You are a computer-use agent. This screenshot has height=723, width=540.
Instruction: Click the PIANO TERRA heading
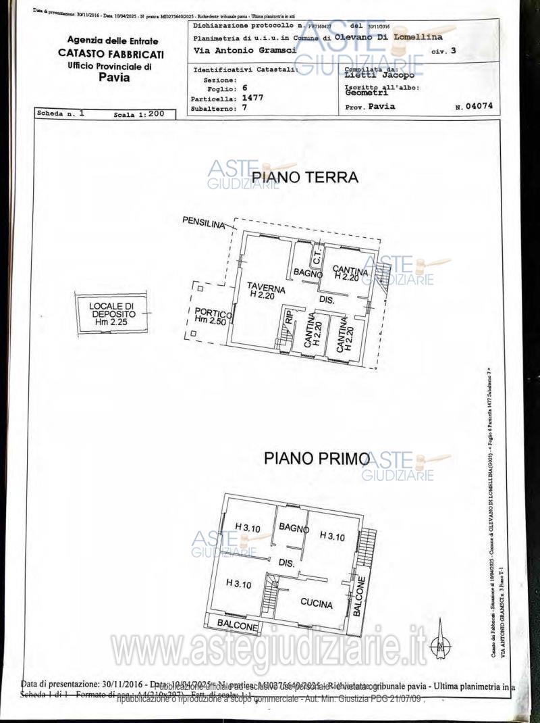pyautogui.click(x=304, y=178)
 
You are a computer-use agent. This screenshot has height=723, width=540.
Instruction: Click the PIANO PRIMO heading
pyautogui.click(x=316, y=459)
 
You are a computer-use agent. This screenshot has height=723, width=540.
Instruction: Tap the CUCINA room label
pyautogui.click(x=317, y=604)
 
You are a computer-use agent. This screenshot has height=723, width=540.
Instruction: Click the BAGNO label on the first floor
pyautogui.click(x=293, y=526)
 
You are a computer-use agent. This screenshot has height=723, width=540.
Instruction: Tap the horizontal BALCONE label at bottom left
pyautogui.click(x=238, y=627)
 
